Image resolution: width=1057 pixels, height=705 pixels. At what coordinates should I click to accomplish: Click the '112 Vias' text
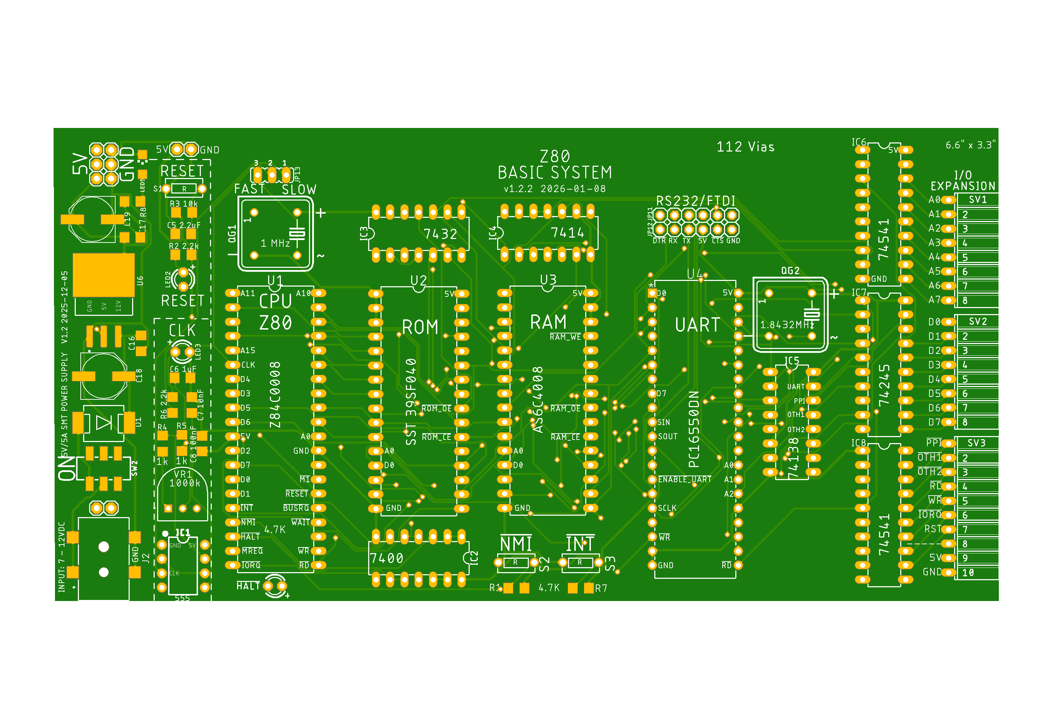click(745, 147)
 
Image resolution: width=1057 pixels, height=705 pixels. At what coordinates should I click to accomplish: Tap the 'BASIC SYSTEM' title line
click(555, 173)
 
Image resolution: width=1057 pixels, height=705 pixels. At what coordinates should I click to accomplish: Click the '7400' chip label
click(387, 558)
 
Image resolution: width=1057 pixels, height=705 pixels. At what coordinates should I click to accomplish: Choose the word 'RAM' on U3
click(548, 323)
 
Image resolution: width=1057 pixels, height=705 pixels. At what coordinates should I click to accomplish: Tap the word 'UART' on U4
click(698, 325)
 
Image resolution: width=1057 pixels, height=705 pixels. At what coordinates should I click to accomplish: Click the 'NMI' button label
click(516, 544)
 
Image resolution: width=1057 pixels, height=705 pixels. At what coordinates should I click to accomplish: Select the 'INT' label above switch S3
click(580, 544)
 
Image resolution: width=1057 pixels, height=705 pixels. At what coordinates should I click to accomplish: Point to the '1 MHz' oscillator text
click(275, 244)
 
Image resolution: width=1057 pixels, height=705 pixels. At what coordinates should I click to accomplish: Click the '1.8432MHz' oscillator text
click(786, 325)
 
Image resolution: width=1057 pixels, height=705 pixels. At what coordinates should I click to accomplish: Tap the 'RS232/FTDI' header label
click(696, 201)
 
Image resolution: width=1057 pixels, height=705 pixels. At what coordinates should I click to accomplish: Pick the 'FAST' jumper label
click(249, 189)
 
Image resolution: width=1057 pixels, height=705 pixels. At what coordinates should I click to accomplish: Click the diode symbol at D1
click(104, 423)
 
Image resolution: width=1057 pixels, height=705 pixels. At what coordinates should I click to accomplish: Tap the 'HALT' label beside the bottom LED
click(248, 586)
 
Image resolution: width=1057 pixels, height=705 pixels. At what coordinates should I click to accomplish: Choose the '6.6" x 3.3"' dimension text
click(970, 145)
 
